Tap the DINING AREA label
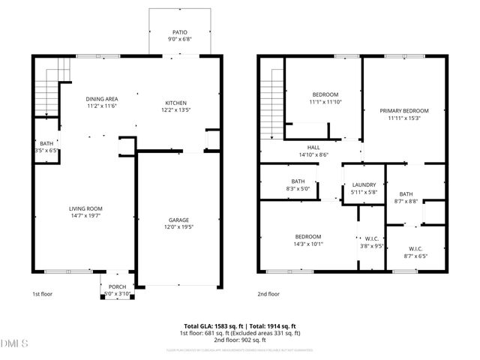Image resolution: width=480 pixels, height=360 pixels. pyautogui.click(x=101, y=99)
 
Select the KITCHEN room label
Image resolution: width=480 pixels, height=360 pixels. pyautogui.click(x=176, y=103)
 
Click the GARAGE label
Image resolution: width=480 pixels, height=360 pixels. pyautogui.click(x=178, y=220)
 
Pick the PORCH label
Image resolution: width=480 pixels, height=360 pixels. pyautogui.click(x=117, y=286)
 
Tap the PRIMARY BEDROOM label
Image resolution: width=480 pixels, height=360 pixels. pyautogui.click(x=403, y=110)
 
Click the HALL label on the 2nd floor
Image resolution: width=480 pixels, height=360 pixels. pyautogui.click(x=313, y=148)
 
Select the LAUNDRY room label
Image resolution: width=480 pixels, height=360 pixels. pyautogui.click(x=364, y=184)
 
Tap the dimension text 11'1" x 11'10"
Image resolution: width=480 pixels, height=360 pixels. pyautogui.click(x=325, y=101)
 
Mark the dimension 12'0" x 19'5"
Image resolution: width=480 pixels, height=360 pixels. pyautogui.click(x=178, y=226)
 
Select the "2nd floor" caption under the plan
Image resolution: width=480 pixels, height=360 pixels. pyautogui.click(x=269, y=294)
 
